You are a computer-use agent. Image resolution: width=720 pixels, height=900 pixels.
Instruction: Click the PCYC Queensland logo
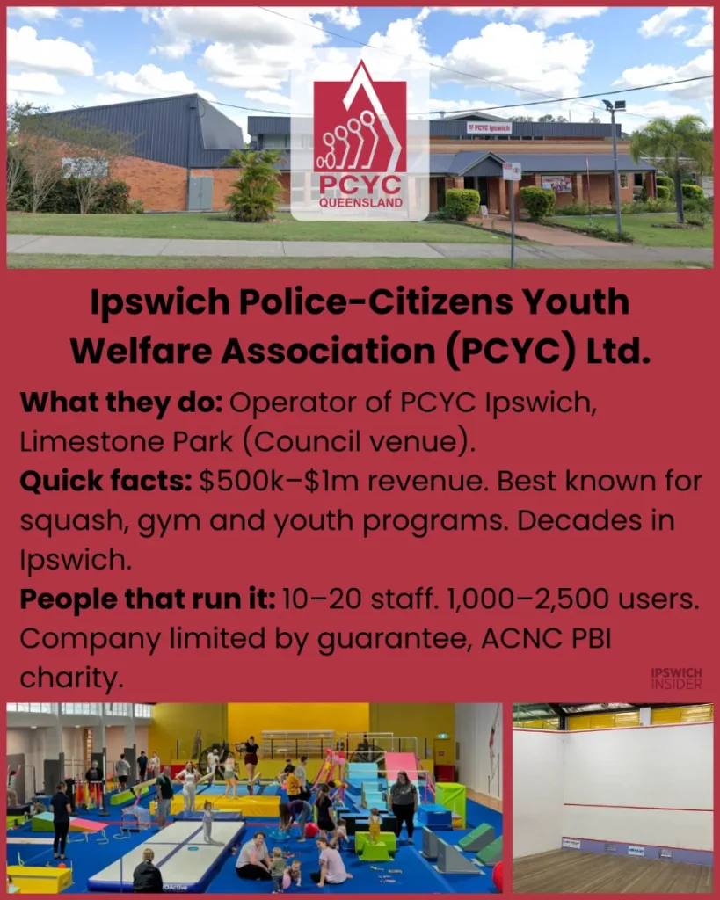pos(360,141)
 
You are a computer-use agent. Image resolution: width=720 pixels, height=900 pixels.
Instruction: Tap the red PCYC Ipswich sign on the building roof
pos(489,127)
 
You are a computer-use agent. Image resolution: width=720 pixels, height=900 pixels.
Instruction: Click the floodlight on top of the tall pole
pos(614,105)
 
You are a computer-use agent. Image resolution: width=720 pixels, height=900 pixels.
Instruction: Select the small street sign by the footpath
pos(512,171)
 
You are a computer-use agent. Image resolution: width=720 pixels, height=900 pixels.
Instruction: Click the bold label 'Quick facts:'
pos(105,482)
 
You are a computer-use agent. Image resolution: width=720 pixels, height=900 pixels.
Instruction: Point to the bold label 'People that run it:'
pos(147,600)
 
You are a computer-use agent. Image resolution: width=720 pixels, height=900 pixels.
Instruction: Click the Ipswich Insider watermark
pos(676,679)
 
